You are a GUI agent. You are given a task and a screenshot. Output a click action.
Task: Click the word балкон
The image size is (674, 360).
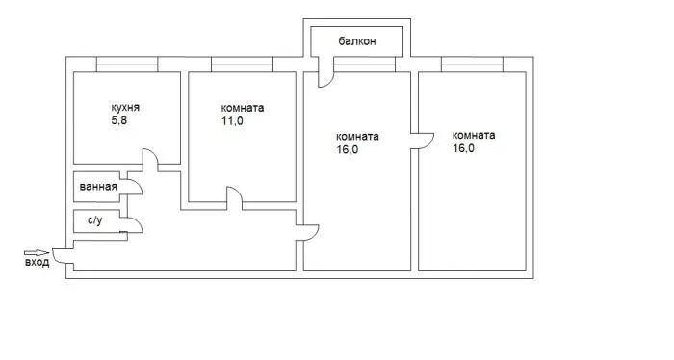(357, 41)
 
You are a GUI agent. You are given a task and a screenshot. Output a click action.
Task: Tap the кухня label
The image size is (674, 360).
(125, 108)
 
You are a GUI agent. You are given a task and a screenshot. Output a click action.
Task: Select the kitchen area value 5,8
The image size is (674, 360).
(119, 120)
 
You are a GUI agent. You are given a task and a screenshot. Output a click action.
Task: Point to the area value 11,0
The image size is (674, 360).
(232, 121)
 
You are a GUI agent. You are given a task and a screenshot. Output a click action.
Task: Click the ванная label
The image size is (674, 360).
(98, 187)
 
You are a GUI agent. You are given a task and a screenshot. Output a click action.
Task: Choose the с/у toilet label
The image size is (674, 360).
(95, 220)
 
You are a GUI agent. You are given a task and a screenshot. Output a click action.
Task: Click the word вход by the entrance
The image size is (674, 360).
(37, 262)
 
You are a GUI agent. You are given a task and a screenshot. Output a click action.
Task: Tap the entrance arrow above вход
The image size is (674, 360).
(37, 253)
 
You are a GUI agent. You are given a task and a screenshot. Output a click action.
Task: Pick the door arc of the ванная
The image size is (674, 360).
(138, 185)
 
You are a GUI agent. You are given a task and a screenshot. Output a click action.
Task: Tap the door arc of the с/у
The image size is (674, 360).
(138, 222)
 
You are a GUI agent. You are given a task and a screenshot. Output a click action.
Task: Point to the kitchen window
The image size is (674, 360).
(127, 64)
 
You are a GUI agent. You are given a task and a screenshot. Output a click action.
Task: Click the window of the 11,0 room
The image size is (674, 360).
(242, 64)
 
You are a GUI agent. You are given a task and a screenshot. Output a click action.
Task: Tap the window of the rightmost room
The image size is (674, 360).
(472, 64)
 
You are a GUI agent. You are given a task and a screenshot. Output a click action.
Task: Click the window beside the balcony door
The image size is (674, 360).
(365, 64)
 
